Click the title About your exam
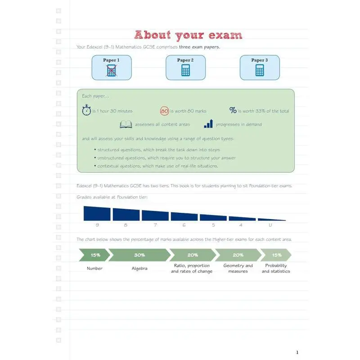pos(188,35)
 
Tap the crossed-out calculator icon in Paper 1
pos(111,71)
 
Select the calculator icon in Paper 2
pos(185,70)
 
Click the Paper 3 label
pos(259,60)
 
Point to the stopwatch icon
pos(86,111)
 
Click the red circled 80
pos(164,111)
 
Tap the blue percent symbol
pos(233,111)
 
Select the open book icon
pos(126,125)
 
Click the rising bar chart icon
pos(208,124)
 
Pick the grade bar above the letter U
pos(271,220)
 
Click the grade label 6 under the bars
pos(184,225)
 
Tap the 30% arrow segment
pos(139,255)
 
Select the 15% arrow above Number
pos(95,255)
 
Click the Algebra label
pos(139,269)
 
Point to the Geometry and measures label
pos(238,268)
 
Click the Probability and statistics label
pos(276,268)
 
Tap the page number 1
pos(297,352)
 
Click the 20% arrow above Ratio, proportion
pos(193,255)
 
